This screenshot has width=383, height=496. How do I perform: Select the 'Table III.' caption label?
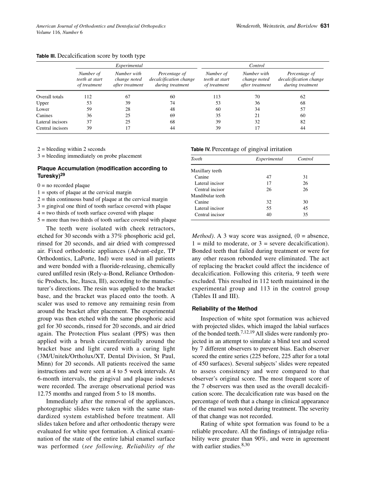tap(46, 56)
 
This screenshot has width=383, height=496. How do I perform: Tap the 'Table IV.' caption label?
tap(200, 149)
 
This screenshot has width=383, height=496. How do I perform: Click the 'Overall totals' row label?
tap(50, 97)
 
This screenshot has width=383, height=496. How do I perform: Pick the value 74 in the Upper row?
tap(172, 103)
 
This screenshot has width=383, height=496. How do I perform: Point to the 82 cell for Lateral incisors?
tap(303, 122)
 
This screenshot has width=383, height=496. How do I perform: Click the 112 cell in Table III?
tap(88, 97)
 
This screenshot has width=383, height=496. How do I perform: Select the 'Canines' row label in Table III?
tap(44, 115)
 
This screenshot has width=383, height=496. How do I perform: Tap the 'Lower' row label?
tap(43, 109)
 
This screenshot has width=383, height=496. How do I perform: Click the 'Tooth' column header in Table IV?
tap(196, 159)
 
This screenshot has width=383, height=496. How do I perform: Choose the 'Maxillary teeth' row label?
tap(206, 171)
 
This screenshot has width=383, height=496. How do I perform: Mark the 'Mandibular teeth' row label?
tap(208, 196)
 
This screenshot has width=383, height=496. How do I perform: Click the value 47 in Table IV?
tap(269, 177)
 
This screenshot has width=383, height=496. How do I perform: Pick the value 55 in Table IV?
tap(269, 208)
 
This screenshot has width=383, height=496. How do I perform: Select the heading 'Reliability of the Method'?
tap(225, 308)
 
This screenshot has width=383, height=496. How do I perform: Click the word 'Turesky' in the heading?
tap(48, 176)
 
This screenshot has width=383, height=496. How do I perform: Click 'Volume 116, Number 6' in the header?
tap(59, 32)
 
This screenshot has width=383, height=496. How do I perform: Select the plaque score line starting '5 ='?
tap(106, 220)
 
